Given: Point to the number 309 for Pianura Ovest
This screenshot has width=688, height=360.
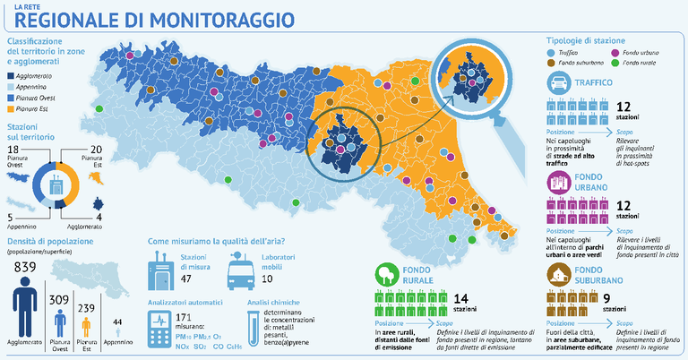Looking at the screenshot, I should [x=59, y=299].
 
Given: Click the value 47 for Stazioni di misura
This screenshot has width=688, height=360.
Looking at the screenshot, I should [x=187, y=279].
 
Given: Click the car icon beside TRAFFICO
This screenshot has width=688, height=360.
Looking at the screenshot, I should [x=558, y=84].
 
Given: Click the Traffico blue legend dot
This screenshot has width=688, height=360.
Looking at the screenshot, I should [x=550, y=54].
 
